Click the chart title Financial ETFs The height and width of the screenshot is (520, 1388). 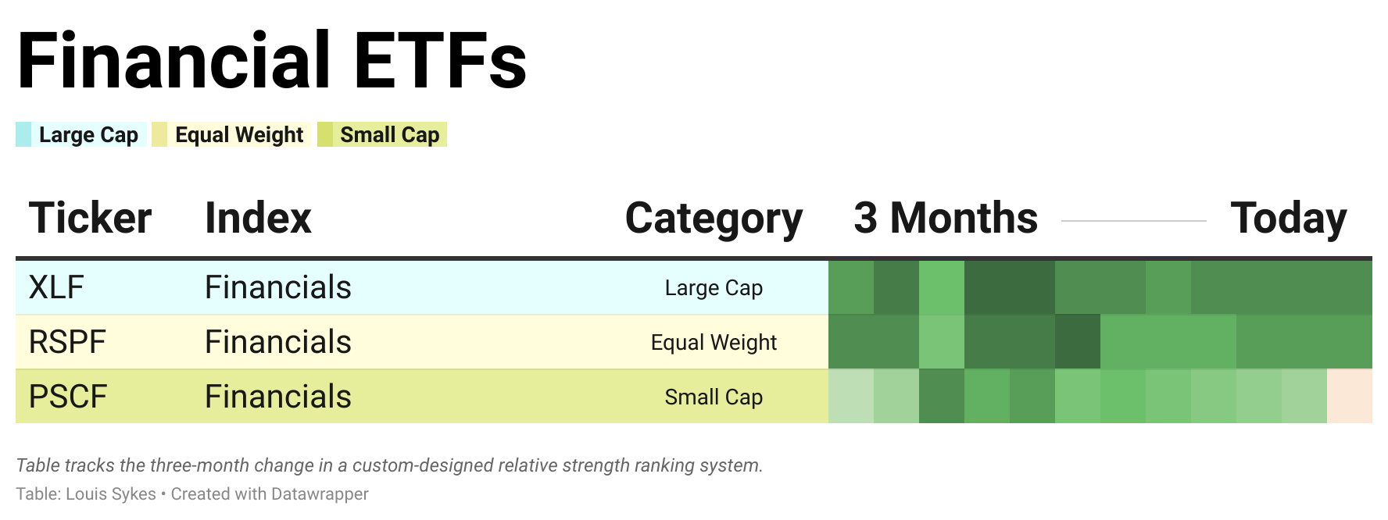click(x=272, y=61)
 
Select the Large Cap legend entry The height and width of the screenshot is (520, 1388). click(x=80, y=134)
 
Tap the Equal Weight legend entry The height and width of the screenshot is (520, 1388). click(x=231, y=134)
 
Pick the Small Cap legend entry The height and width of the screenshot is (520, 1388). click(x=382, y=134)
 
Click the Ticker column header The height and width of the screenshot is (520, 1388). click(x=90, y=218)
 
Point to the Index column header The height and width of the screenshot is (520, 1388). click(x=258, y=218)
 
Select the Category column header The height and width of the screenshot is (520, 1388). click(x=714, y=219)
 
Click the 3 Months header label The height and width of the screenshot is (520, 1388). click(x=946, y=218)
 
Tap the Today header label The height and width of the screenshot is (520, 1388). click(x=1289, y=219)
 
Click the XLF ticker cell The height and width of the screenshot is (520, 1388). click(x=56, y=287)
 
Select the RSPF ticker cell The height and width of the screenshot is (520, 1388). click(x=67, y=342)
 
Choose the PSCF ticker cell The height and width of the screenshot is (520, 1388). click(x=68, y=397)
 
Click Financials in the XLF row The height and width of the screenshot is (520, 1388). click(x=278, y=287)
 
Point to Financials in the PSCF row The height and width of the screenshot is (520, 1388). click(x=278, y=397)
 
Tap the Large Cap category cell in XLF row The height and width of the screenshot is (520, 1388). click(x=714, y=288)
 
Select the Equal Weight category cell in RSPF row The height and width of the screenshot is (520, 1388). click(x=714, y=343)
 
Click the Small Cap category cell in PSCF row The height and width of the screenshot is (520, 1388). click(x=714, y=397)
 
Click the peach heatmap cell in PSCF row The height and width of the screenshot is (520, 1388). click(x=1350, y=396)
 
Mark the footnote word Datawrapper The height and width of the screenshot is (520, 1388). click(x=320, y=494)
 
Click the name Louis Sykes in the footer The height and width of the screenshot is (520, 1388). click(x=111, y=494)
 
